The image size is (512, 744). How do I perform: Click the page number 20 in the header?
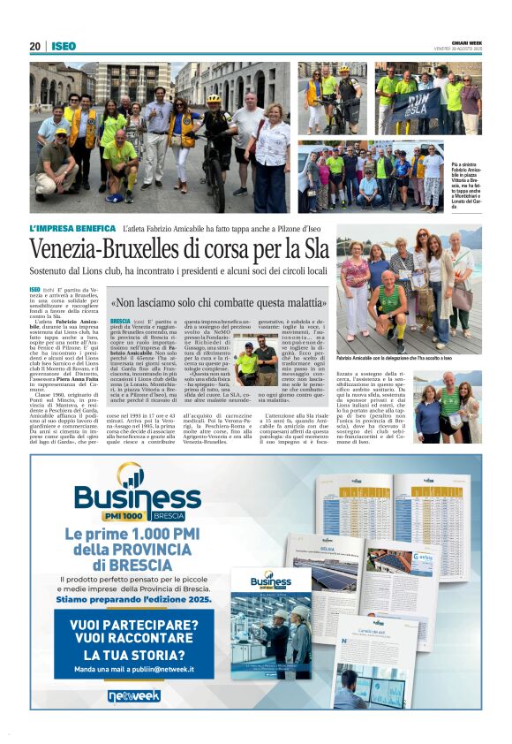pos(34,46)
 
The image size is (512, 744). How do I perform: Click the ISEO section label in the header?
pos(64,46)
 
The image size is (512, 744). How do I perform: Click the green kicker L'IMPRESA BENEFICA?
pos(73,228)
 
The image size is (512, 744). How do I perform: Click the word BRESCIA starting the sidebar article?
pos(119,322)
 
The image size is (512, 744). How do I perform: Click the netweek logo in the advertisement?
pos(134,695)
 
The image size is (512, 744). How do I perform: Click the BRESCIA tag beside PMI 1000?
pos(168,515)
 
